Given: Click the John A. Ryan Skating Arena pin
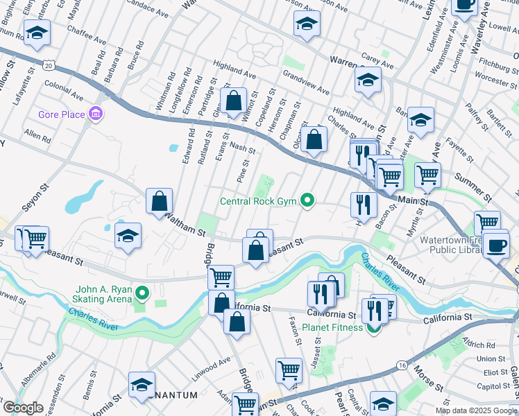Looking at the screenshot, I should (x=143, y=293).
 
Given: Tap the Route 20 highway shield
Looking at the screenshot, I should (x=48, y=64).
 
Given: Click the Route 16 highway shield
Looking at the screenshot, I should (x=402, y=364).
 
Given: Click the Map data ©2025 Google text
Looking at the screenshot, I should (x=476, y=410).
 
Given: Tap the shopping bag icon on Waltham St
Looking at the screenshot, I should (x=160, y=201).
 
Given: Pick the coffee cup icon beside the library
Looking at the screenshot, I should (x=496, y=245).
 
